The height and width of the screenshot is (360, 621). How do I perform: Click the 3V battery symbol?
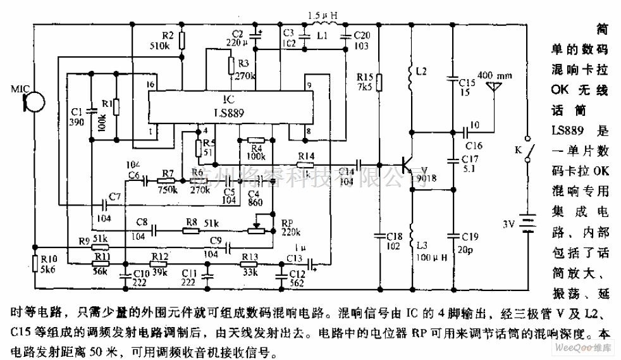tap(526, 223)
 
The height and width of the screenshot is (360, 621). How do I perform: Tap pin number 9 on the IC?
tap(307, 84)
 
